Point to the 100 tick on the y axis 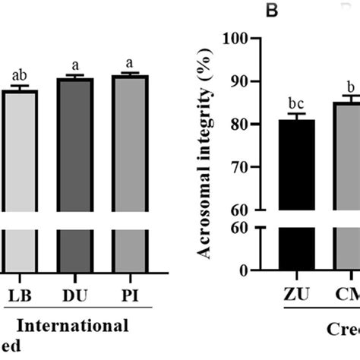pos(238,39)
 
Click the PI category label pos(129,294)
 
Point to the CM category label pos(348,295)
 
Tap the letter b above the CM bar pos(350,86)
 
